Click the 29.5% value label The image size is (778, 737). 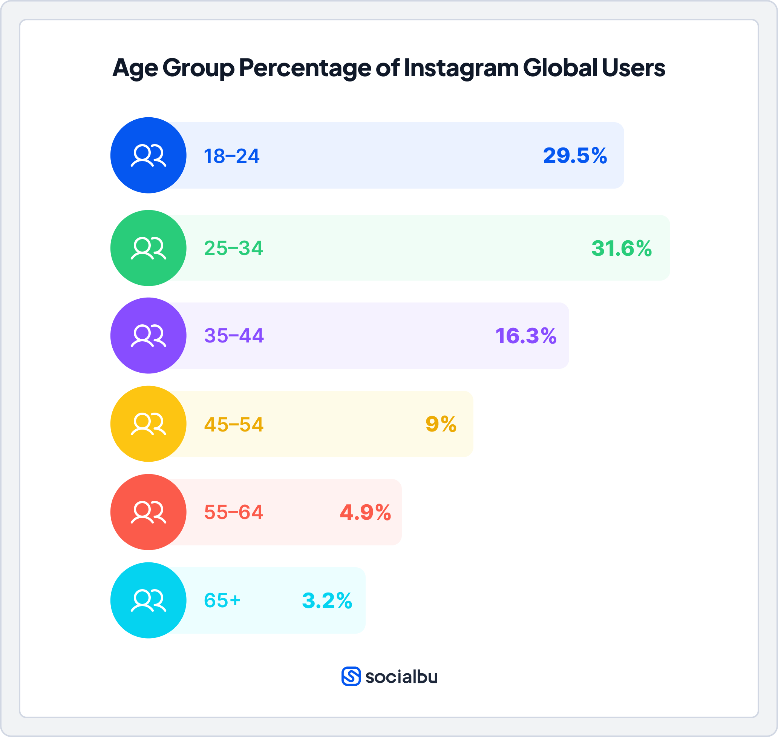click(x=575, y=155)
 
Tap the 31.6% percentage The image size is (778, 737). click(x=621, y=248)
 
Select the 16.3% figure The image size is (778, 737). click(x=525, y=336)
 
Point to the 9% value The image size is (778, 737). click(x=441, y=424)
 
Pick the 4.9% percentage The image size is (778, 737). click(x=365, y=512)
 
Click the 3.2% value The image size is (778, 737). click(x=327, y=601)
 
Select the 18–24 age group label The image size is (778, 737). click(x=231, y=156)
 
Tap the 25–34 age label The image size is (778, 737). click(x=234, y=248)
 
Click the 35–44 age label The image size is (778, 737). click(x=234, y=336)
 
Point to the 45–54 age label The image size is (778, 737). click(x=234, y=425)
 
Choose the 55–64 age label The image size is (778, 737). click(x=234, y=512)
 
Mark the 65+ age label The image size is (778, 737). click(x=222, y=600)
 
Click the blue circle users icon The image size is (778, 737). click(x=149, y=155)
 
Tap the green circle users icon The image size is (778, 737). click(x=149, y=248)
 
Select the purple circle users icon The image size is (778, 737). click(x=149, y=336)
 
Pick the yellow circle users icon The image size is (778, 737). click(x=149, y=424)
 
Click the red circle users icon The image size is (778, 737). click(x=149, y=512)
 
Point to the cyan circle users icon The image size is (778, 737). click(x=149, y=601)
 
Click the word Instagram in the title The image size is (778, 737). click(x=461, y=68)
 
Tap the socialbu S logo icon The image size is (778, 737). click(x=351, y=677)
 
